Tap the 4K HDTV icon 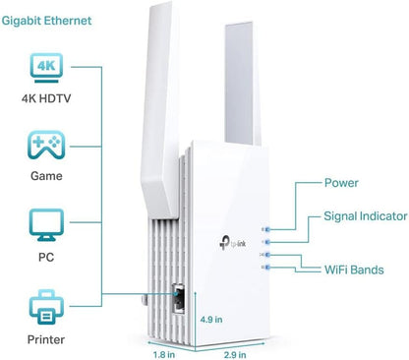point(45,69)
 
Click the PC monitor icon point(45,224)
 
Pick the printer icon point(45,304)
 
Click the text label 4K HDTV point(45,98)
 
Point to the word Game point(45,177)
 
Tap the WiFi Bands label point(353,267)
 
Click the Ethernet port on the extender point(179,296)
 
